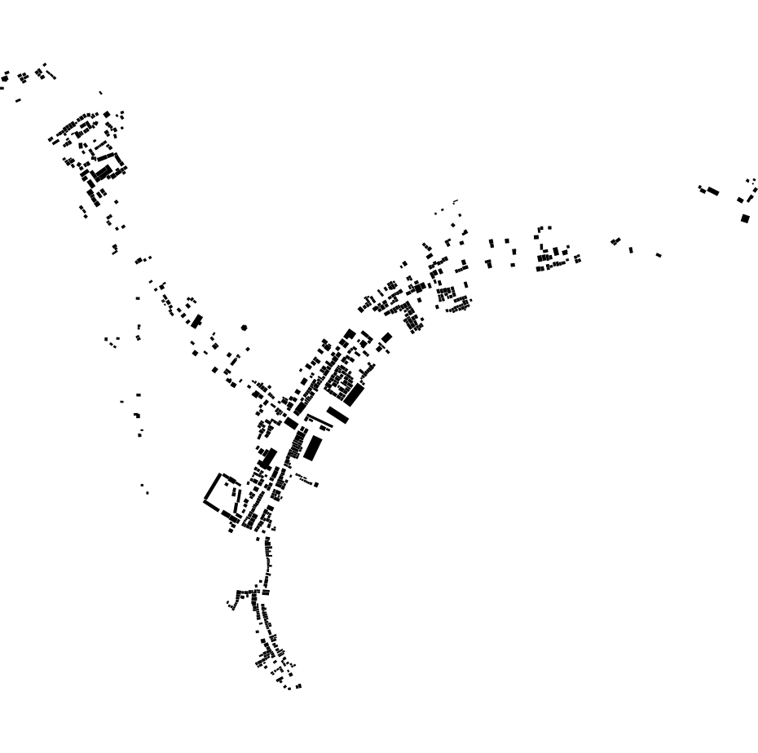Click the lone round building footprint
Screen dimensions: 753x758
244,328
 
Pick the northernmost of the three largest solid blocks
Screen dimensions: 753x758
354,394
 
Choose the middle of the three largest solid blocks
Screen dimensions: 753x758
337,415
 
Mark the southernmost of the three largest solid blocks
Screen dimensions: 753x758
313,448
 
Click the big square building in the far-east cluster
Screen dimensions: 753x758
745,218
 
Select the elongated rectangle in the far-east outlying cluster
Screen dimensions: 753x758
712,192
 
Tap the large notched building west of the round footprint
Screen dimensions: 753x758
196,321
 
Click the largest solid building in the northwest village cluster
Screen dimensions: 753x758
102,173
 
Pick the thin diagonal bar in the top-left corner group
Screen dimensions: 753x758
51,75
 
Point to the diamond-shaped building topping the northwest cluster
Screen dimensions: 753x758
107,114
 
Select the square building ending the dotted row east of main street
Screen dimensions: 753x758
316,485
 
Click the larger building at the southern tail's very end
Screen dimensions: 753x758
298,686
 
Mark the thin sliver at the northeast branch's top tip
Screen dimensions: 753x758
456,200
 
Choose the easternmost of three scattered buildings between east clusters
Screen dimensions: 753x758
659,255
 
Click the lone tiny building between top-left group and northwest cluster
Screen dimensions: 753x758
101,93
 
